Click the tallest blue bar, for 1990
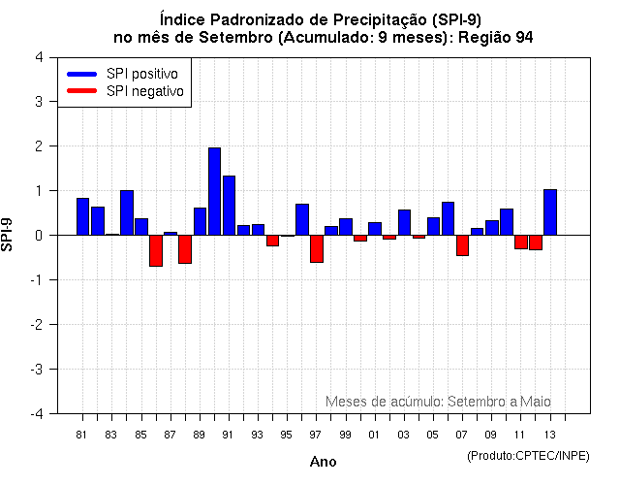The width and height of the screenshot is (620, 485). click(214, 191)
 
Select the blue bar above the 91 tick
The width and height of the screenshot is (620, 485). click(229, 205)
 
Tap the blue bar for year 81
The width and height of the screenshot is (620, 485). click(82, 216)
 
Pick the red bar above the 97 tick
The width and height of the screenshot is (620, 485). click(317, 248)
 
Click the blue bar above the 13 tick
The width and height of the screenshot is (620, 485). click(550, 211)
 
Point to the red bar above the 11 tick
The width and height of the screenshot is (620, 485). click(521, 242)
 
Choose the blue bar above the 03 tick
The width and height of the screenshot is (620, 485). click(404, 222)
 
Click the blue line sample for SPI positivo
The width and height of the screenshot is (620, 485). click(81, 74)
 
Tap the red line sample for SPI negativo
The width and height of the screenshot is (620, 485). click(81, 91)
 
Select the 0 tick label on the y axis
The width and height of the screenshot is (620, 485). click(38, 235)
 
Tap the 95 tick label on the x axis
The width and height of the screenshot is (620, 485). click(287, 434)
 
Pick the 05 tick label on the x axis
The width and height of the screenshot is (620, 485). click(433, 434)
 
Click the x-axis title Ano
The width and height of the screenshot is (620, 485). click(323, 462)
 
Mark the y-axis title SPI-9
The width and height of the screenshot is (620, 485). click(9, 235)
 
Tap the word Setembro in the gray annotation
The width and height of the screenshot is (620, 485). click(474, 401)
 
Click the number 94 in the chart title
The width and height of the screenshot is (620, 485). click(524, 37)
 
